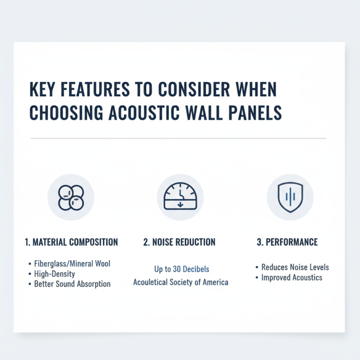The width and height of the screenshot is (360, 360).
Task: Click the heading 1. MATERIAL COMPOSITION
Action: (x=71, y=242)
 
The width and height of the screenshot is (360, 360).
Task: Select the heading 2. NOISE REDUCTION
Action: (x=180, y=242)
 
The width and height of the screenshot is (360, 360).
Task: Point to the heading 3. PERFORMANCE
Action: (x=287, y=242)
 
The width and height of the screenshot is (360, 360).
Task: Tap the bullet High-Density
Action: (x=54, y=274)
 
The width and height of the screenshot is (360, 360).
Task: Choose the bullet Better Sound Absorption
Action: (x=72, y=284)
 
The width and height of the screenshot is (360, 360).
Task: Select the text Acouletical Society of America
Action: (x=180, y=282)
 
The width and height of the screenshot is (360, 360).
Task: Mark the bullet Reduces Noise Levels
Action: (x=295, y=267)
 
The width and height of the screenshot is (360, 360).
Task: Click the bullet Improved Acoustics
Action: (x=292, y=277)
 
